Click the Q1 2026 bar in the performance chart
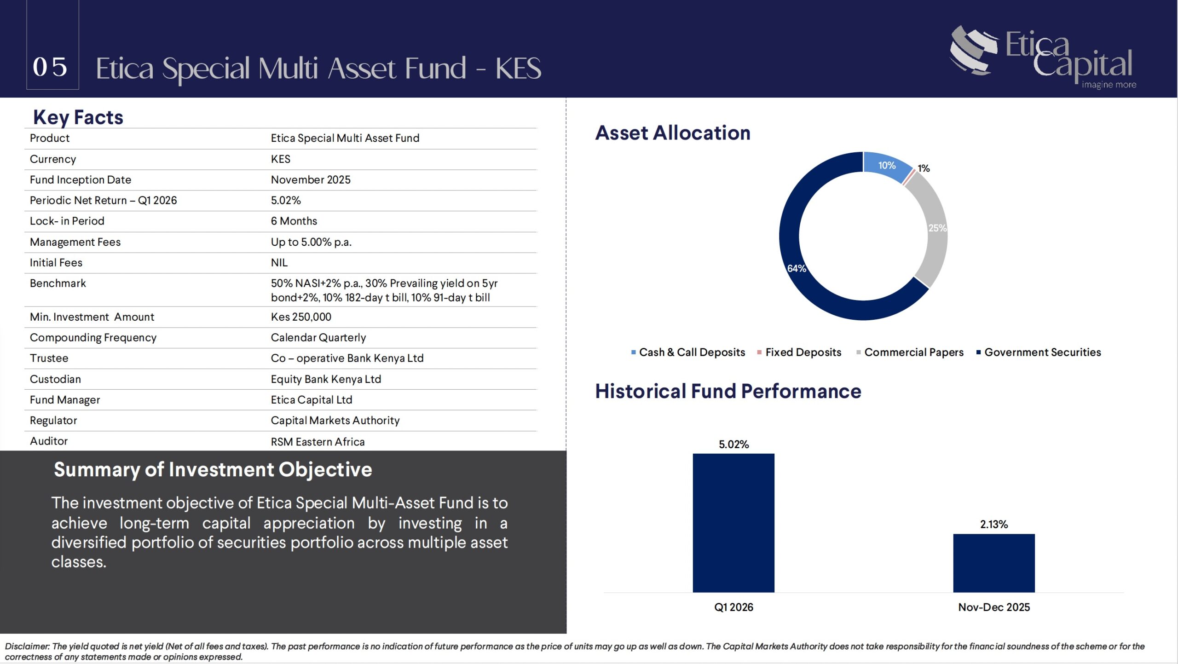(733, 523)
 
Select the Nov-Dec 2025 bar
(994, 563)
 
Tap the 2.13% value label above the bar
(994, 524)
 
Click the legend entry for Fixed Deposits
(799, 352)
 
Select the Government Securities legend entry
(1039, 352)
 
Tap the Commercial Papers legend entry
(910, 352)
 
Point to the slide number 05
(50, 67)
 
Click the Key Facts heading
(78, 117)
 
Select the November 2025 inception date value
(311, 180)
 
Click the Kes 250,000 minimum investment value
(301, 317)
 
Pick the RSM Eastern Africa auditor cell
(318, 442)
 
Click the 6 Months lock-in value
(294, 221)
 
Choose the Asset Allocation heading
(673, 133)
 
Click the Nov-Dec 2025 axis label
(994, 607)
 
